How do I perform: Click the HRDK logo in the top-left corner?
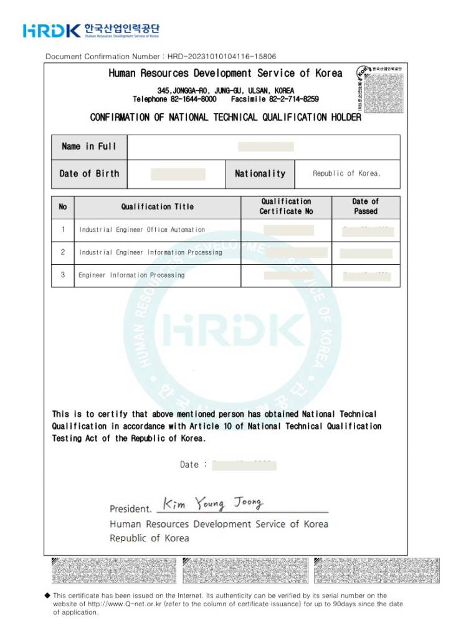[x=52, y=30]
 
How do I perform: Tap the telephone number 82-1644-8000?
[x=194, y=99]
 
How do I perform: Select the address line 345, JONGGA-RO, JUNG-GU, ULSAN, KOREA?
[x=225, y=90]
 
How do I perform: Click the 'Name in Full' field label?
[x=89, y=146]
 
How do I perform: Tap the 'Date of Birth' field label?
[x=89, y=174]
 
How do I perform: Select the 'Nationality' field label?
[x=260, y=174]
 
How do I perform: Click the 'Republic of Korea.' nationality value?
[x=346, y=174]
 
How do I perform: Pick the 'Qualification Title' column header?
[x=157, y=207]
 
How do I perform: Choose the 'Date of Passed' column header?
[x=365, y=206]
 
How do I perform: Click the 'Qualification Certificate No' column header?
[x=286, y=206]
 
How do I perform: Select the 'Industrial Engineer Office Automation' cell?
[x=142, y=230]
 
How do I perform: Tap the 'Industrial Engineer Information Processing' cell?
[x=150, y=252]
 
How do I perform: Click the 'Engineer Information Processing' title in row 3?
[x=131, y=275]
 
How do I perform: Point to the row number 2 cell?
[x=62, y=252]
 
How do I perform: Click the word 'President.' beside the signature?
[x=130, y=509]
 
